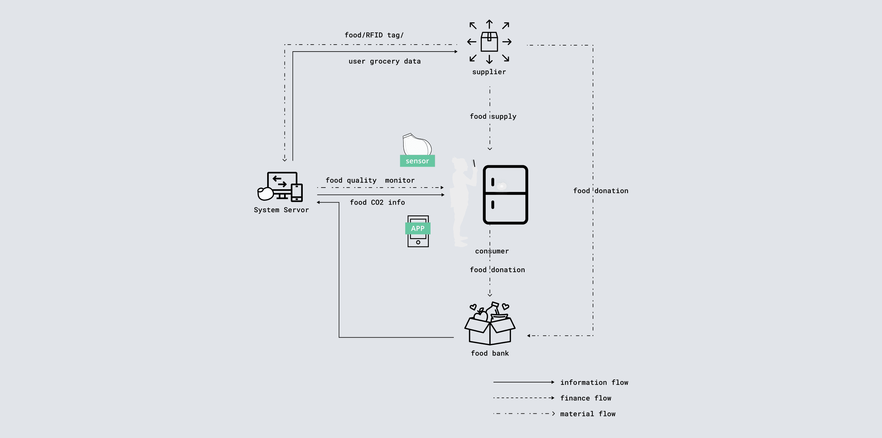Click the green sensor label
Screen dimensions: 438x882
click(x=417, y=161)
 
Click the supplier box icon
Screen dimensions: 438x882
click(x=489, y=42)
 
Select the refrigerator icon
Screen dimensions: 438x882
click(x=505, y=195)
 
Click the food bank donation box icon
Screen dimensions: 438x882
click(x=490, y=325)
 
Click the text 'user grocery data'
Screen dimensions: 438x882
click(x=385, y=61)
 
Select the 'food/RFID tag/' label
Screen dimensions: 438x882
click(x=374, y=35)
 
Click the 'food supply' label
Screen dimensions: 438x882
click(x=493, y=116)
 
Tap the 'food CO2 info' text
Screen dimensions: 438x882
click(x=377, y=202)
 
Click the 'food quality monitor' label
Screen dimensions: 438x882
click(x=370, y=180)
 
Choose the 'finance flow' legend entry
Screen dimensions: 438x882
click(x=585, y=398)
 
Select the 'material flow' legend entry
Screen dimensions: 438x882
click(x=587, y=414)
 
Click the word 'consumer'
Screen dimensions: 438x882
click(x=492, y=251)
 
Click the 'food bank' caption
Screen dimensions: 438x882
click(x=490, y=353)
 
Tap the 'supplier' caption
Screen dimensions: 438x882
click(x=489, y=72)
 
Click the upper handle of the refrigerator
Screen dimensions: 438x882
click(x=492, y=182)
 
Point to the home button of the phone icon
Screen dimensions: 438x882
click(x=418, y=242)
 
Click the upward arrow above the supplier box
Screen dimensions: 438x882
click(x=489, y=24)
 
